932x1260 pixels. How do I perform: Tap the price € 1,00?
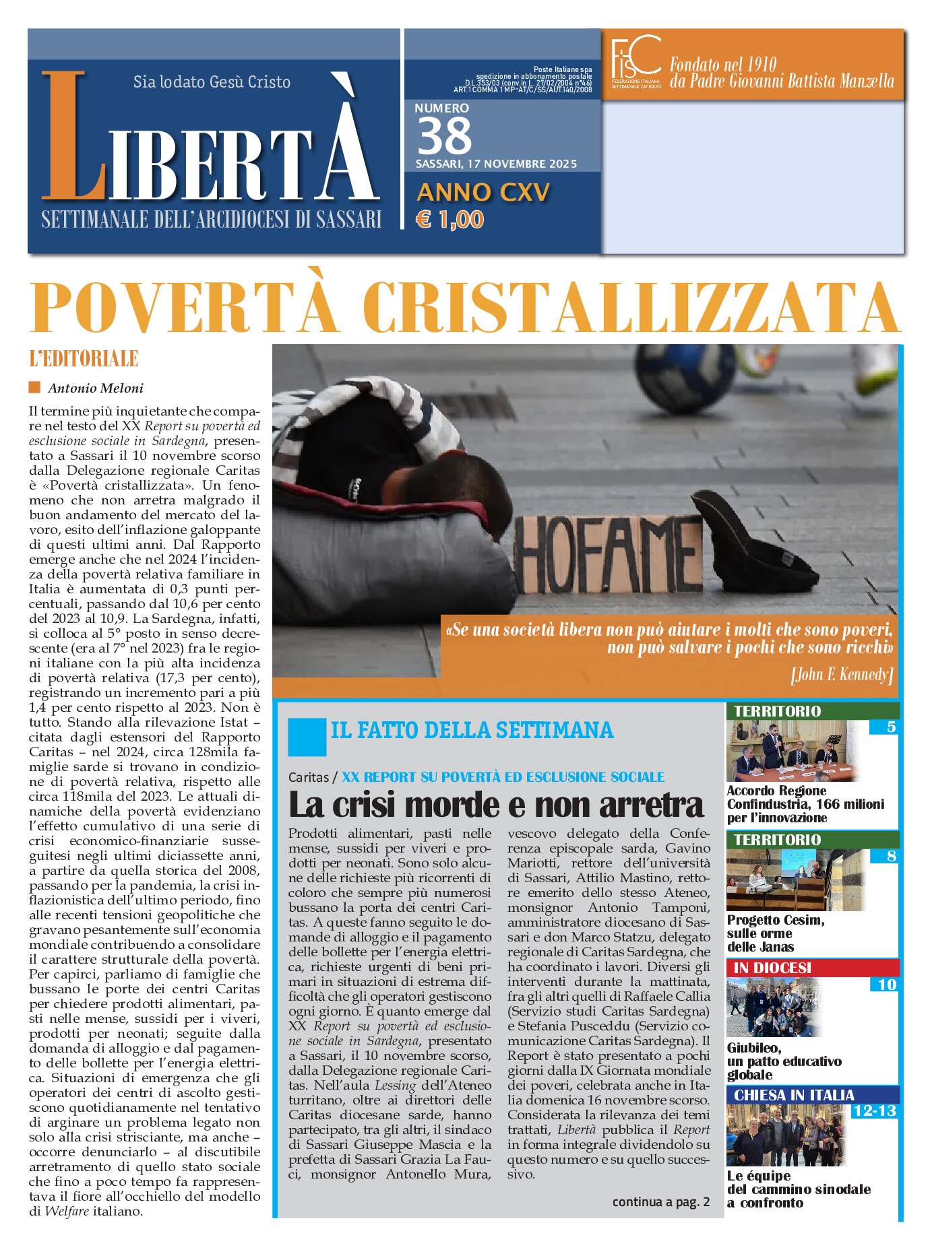click(x=450, y=220)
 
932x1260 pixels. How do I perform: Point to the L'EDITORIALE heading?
click(x=84, y=359)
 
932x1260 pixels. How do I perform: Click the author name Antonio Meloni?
click(x=95, y=388)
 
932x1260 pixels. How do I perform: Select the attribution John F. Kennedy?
click(x=842, y=674)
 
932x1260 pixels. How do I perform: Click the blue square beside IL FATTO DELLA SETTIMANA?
click(x=307, y=737)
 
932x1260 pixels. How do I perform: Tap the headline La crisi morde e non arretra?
click(x=495, y=804)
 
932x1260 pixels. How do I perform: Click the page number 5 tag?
click(x=891, y=727)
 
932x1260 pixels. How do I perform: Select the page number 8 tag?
click(x=891, y=856)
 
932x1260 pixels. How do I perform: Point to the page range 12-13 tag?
click(x=874, y=1110)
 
